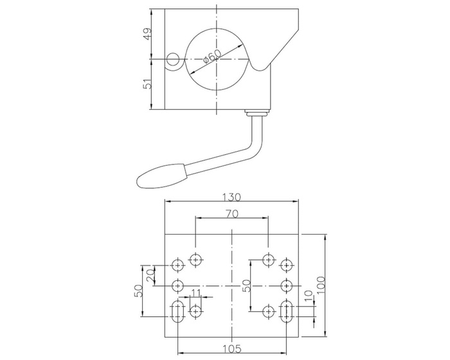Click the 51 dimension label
(147, 84)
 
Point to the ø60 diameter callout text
(213, 57)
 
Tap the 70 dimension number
(231, 213)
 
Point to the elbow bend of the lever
(258, 149)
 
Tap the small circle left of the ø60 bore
(173, 60)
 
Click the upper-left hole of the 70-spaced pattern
(195, 260)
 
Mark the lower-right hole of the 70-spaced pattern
(268, 311)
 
